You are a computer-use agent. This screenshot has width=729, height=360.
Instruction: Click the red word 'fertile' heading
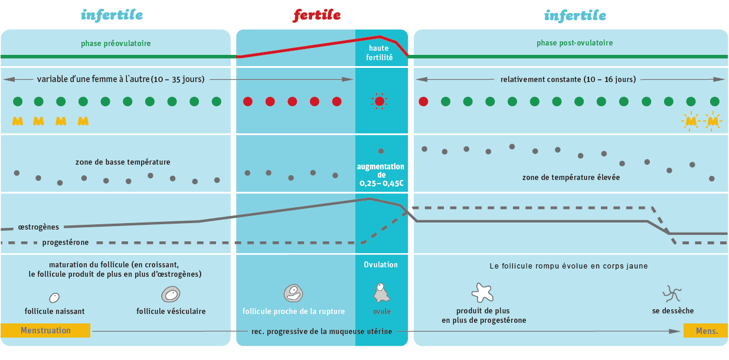point(316,15)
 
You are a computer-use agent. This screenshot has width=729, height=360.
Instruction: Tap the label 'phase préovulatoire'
point(116,43)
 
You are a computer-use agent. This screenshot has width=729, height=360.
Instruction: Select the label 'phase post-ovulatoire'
point(574,43)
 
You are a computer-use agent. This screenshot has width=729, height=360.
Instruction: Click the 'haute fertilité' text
point(379,53)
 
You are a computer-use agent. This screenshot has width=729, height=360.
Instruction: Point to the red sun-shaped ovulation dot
point(380,102)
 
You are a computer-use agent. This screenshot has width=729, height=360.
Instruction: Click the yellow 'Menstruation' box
point(45,330)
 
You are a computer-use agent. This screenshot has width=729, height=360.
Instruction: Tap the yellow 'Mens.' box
point(705,330)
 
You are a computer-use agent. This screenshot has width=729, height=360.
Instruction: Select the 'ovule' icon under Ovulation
point(381,293)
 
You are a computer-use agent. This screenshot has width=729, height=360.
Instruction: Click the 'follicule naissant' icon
point(54,297)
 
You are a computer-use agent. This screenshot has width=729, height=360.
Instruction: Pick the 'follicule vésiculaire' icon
point(171,294)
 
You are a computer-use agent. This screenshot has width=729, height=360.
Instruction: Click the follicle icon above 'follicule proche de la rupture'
point(293,293)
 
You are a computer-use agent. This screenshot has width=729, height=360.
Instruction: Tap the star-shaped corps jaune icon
point(483,293)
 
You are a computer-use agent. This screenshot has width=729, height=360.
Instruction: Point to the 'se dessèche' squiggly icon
point(672,294)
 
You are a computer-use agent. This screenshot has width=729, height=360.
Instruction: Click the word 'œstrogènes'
point(38,227)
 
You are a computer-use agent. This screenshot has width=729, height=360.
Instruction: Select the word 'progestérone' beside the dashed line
point(66,243)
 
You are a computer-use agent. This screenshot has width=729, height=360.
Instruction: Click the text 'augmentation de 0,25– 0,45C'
point(381,175)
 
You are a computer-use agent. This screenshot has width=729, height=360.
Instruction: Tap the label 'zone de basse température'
point(123,162)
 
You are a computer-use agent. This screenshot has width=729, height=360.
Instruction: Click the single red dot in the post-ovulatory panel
point(423,102)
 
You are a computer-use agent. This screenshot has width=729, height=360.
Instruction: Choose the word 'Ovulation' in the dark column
point(381,264)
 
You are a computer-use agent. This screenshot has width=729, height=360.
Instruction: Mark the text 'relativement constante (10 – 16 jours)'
point(568,80)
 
